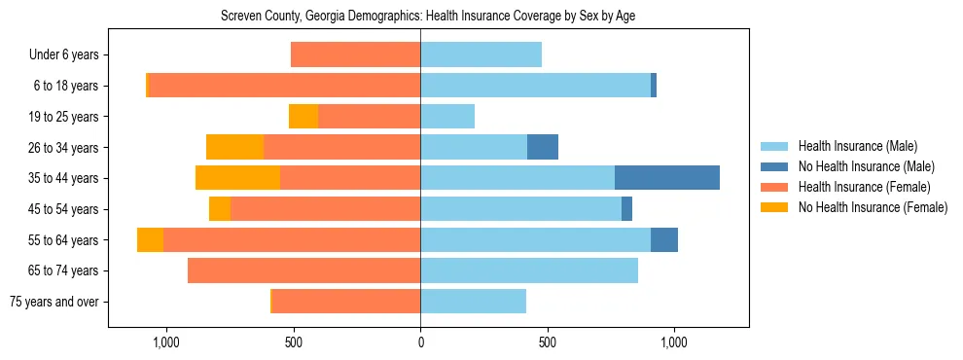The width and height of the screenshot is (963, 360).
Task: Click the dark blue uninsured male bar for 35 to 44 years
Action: click(x=667, y=178)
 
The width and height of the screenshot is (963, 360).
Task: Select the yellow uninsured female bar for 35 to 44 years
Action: click(x=237, y=178)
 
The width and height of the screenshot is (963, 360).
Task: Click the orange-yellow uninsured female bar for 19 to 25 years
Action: click(x=303, y=117)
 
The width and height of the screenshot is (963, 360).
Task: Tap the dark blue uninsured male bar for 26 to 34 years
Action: click(x=543, y=148)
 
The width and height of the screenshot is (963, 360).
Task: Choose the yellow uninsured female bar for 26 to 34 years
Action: click(x=234, y=148)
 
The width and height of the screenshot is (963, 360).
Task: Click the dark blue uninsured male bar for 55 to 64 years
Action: click(x=664, y=240)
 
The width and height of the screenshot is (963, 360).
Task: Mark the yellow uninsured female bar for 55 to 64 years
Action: click(x=150, y=240)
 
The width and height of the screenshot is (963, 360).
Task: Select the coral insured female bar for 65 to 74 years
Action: click(x=303, y=270)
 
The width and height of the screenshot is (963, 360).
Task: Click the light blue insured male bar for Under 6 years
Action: click(x=481, y=55)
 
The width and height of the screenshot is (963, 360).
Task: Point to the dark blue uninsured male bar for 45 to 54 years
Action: click(x=626, y=209)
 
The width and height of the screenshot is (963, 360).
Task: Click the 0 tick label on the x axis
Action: click(x=420, y=342)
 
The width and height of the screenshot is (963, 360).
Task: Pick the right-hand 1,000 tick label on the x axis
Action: click(x=674, y=342)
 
